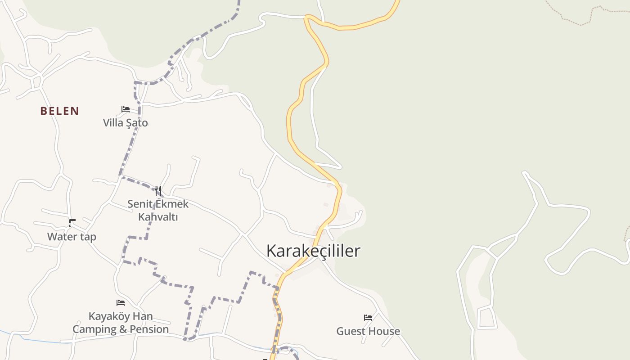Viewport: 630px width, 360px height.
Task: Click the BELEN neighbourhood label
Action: coord(59,111)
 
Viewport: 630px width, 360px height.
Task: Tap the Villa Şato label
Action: coord(125,122)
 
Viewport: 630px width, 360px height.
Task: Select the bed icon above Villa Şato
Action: coord(126,109)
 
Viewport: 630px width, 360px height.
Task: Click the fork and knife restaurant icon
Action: coord(158,191)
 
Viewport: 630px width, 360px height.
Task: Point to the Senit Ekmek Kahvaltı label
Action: coord(158,210)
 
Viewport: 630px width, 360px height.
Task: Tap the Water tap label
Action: coord(72,237)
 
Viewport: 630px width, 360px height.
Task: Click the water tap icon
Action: coord(72,223)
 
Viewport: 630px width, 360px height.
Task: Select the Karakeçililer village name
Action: coord(313,251)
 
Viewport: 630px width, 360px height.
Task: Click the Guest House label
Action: coord(368,331)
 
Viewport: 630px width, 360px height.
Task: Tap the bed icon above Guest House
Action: coord(368,318)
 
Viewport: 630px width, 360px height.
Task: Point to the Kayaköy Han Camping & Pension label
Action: coord(121,323)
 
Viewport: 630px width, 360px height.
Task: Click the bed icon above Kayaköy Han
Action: coord(121,303)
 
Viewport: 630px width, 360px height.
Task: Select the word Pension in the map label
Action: coord(147,329)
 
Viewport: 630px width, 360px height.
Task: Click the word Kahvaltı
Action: coord(158,217)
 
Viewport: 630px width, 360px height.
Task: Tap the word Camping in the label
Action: coord(94,329)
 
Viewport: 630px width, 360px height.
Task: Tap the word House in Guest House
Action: coord(384,331)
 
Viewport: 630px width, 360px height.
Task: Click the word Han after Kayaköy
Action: coord(143,316)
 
